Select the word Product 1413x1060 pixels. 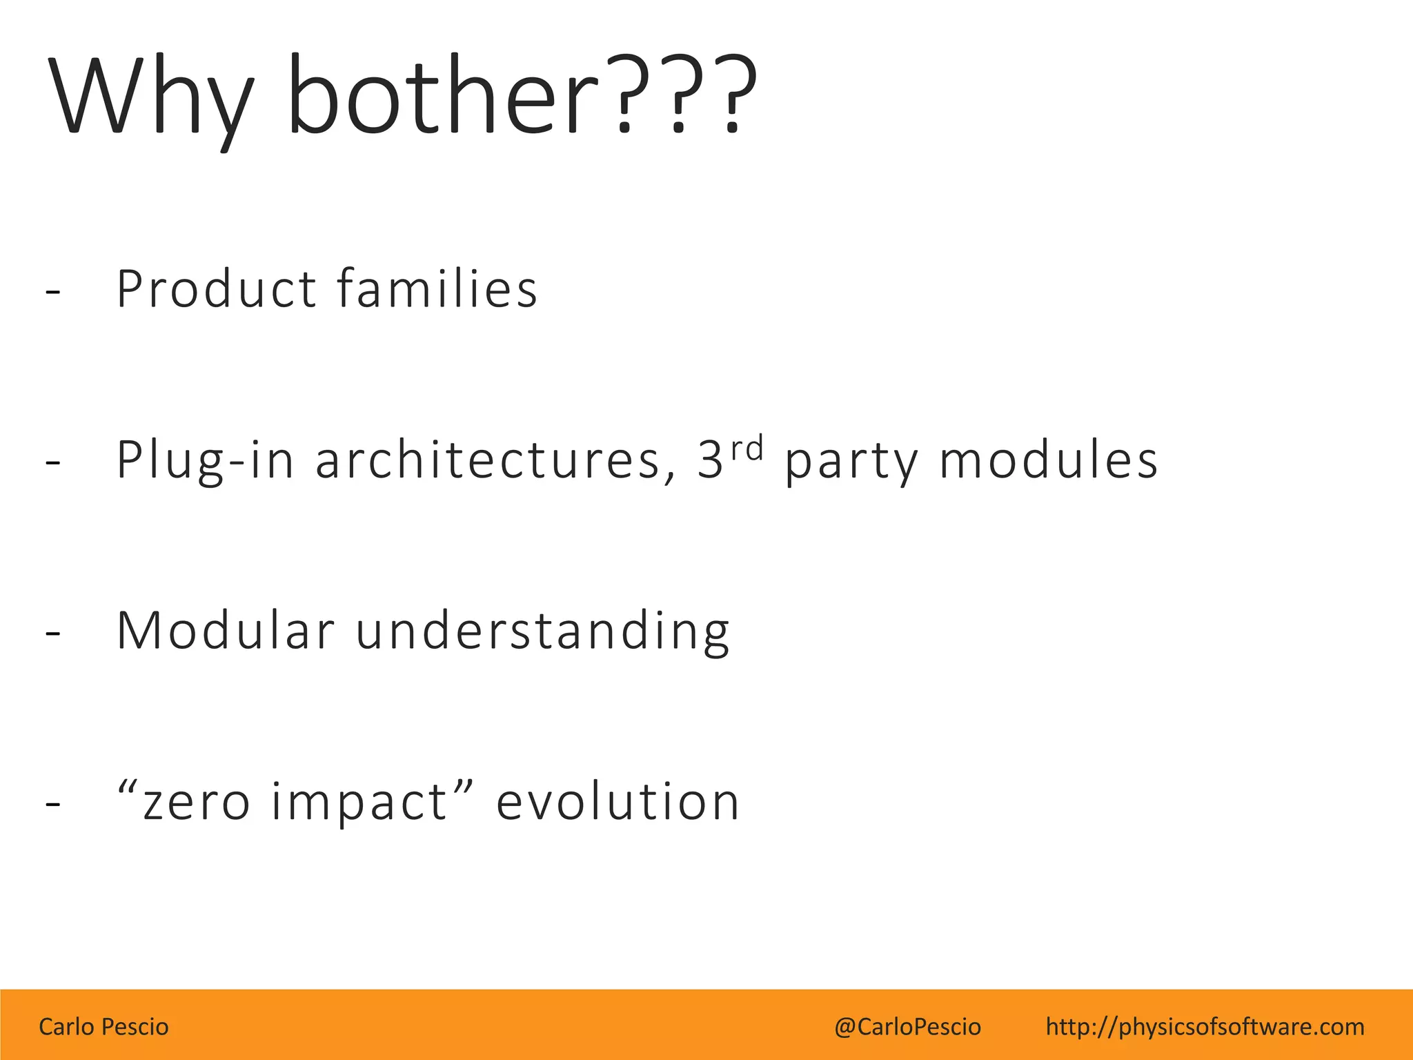tap(216, 288)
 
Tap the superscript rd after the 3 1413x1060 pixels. tap(747, 449)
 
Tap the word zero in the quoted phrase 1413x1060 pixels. tap(197, 803)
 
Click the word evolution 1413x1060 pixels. tap(617, 801)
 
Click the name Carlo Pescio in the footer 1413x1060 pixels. tap(103, 1027)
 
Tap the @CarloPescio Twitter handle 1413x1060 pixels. tap(907, 1027)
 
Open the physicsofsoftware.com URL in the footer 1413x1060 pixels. tap(1205, 1027)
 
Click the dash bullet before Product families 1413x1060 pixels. tap(52, 292)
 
